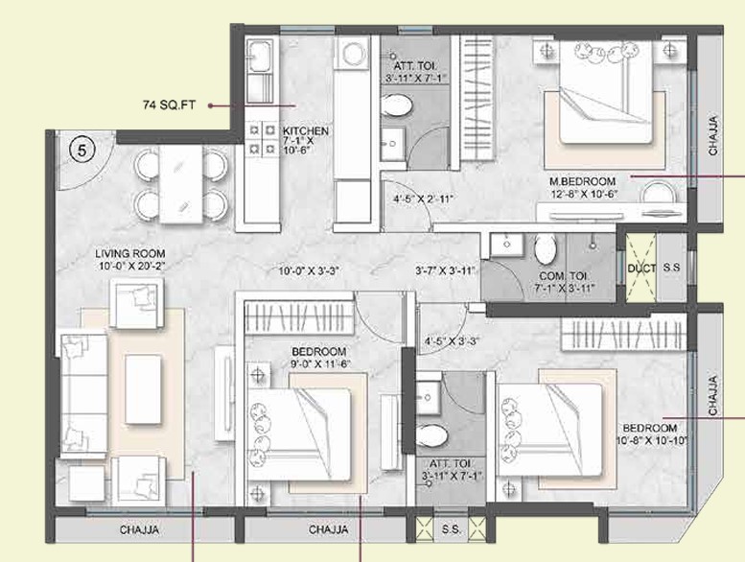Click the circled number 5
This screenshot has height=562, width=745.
[x=82, y=151]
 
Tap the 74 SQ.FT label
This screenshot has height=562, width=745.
[x=169, y=105]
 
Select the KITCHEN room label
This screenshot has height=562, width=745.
[x=306, y=131]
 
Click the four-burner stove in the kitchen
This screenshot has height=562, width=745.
[x=262, y=139]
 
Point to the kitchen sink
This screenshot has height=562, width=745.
[x=260, y=56]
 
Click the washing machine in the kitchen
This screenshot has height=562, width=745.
[x=352, y=53]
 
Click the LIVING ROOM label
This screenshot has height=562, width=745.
[x=129, y=254]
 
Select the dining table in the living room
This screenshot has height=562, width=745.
[x=181, y=184]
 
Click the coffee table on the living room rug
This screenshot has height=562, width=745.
[x=143, y=389]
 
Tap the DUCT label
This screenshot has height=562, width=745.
[x=641, y=269]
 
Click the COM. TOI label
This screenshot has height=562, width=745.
[x=563, y=276]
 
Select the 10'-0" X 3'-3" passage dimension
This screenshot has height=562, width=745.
[x=309, y=271]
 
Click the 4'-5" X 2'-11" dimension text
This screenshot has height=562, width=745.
[x=423, y=199]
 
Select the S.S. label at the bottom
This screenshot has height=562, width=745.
[x=451, y=528]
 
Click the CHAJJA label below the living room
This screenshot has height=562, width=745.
[x=139, y=529]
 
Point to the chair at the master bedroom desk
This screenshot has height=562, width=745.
[x=657, y=193]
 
